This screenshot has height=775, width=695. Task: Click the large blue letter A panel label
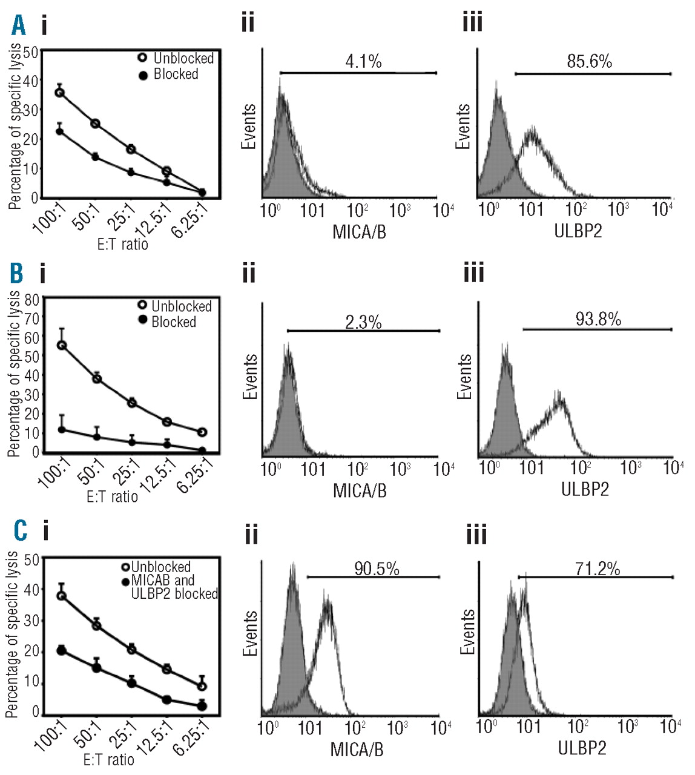click(x=18, y=25)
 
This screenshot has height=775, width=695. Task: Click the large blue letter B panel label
click(x=17, y=273)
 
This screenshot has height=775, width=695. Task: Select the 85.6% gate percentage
click(x=589, y=61)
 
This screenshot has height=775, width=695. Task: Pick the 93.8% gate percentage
click(x=598, y=319)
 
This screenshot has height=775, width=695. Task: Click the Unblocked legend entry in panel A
click(x=176, y=58)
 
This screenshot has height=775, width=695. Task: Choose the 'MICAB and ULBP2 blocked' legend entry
click(x=170, y=587)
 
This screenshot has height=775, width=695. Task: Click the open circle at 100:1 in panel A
click(x=59, y=93)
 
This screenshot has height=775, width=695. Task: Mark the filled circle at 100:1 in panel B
click(x=61, y=430)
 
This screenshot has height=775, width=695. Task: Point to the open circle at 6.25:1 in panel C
click(x=202, y=686)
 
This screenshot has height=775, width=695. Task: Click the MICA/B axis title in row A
click(x=359, y=232)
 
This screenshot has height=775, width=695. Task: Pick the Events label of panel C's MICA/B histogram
click(x=250, y=633)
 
